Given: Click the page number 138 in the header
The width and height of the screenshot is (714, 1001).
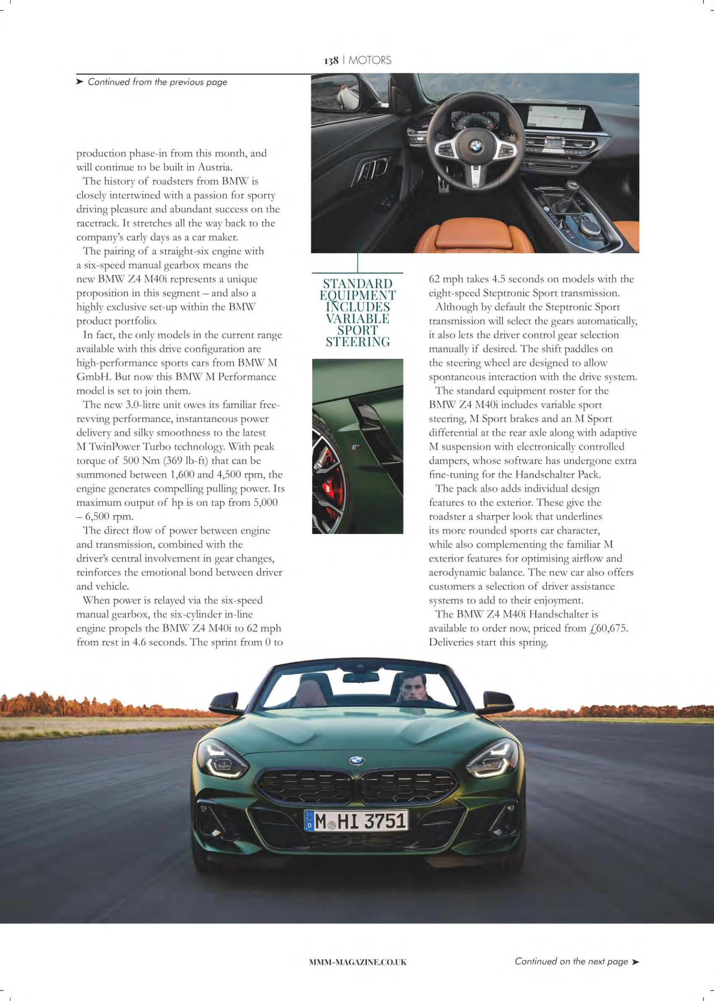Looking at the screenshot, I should [331, 61].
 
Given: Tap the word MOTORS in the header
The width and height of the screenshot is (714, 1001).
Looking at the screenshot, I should [370, 61].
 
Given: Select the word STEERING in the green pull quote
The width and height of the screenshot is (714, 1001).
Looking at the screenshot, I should [358, 342].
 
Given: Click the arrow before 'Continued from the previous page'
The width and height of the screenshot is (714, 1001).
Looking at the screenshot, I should [80, 82].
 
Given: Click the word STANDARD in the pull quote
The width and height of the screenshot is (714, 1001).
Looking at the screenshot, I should [358, 283].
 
